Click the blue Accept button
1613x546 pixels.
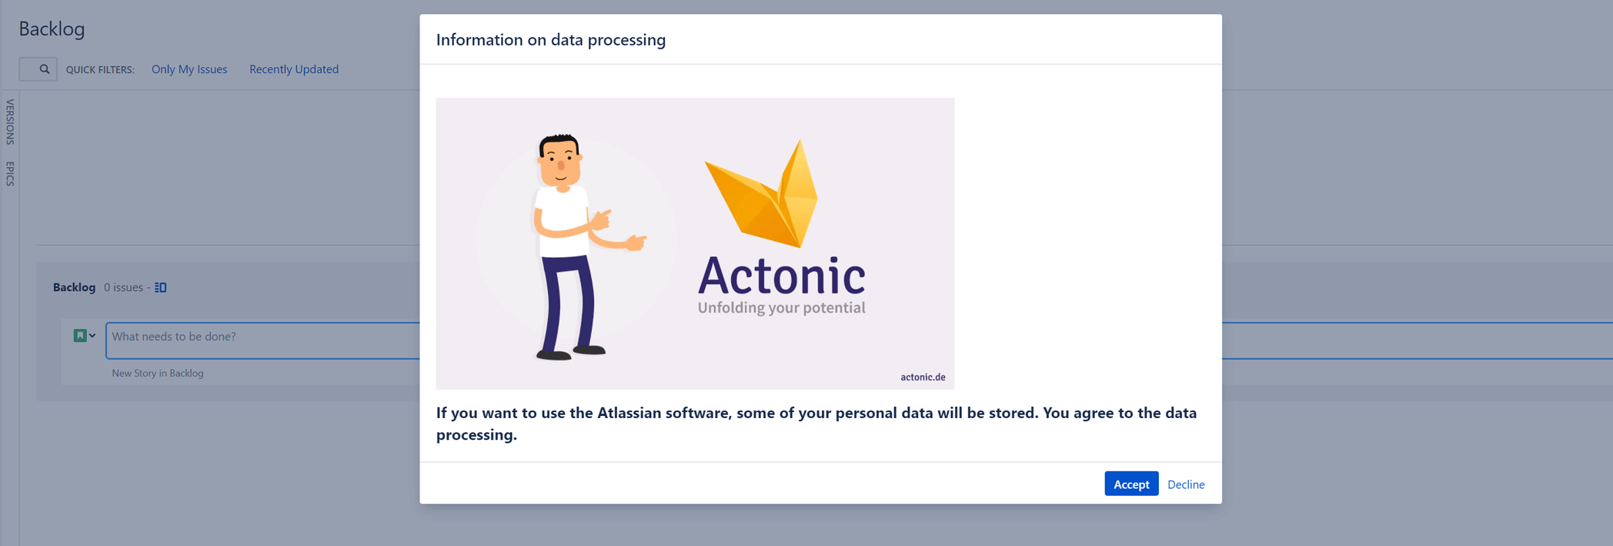coord(1131,484)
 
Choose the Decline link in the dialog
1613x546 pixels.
coord(1186,484)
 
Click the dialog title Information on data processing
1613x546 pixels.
coord(551,40)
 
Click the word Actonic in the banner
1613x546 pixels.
coord(781,276)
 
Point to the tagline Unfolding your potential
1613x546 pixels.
coord(781,308)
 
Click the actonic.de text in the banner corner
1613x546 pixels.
coord(923,377)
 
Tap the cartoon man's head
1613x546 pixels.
coord(560,160)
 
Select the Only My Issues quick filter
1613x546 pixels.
coord(189,69)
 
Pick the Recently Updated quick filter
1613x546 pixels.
coord(294,69)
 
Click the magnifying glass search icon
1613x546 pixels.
coord(45,69)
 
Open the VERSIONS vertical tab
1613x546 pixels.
coord(10,122)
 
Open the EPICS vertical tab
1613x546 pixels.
coord(10,173)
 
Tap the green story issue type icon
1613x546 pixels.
coord(79,335)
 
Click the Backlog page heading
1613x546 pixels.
coord(52,28)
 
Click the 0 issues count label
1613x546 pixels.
coord(123,287)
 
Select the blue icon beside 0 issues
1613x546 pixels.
coord(161,287)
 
